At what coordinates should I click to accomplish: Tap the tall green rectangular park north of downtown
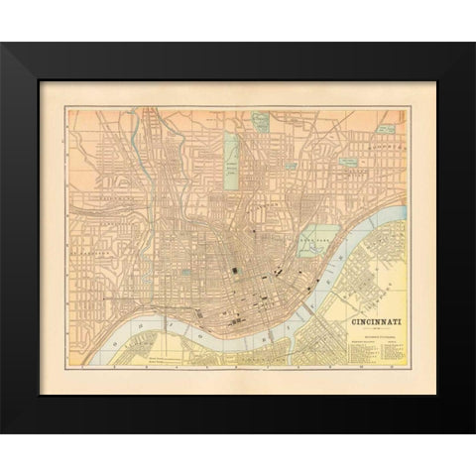click(x=230, y=155)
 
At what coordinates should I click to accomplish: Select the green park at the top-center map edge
click(x=260, y=122)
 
